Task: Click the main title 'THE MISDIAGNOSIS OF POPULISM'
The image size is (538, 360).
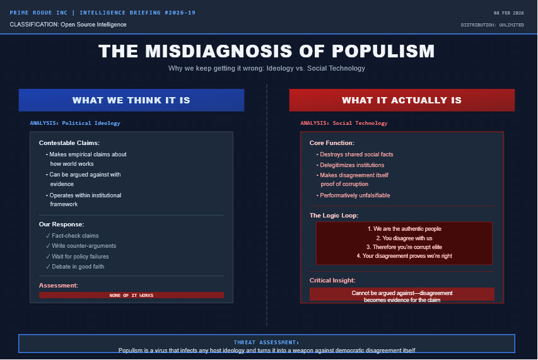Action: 266,52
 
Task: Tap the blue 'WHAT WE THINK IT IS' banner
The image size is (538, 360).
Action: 131,100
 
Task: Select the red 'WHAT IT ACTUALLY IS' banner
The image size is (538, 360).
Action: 402,100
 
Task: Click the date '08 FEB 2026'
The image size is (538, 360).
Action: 508,13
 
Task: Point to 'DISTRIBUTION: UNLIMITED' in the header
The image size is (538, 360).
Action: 492,25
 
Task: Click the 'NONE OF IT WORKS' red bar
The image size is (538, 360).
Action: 131,295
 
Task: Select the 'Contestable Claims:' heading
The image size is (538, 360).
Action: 69,143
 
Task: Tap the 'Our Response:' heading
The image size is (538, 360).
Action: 61,224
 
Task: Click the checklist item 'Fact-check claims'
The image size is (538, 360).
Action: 75,236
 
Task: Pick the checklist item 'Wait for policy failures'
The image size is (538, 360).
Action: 80,257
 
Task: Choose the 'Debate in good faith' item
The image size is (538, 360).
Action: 78,267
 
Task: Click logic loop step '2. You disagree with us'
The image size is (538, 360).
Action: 404,238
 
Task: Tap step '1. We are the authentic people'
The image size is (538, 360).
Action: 404,229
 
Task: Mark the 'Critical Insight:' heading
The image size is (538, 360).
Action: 332,281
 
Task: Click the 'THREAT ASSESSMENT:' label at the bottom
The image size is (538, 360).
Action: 266,342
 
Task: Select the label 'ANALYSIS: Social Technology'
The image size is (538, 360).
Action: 344,124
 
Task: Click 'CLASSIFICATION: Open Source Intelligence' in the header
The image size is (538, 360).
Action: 68,25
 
